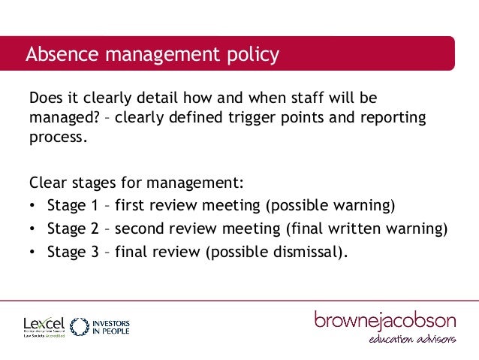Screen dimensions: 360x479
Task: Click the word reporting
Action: [393, 119]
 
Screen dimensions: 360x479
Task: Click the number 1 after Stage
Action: [95, 205]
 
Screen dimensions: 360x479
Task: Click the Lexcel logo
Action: [44, 325]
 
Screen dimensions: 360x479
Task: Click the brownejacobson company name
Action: [384, 320]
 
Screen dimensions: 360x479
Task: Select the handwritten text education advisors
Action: [411, 341]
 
